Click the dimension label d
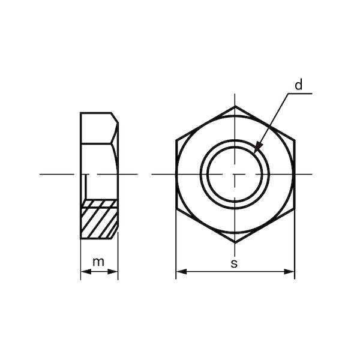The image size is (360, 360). tap(298, 85)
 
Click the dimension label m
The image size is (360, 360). tap(98, 262)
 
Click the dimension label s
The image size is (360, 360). tap(234, 263)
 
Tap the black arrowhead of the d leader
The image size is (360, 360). tap(258, 147)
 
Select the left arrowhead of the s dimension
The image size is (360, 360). tap(181, 272)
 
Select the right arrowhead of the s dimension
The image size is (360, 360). tap(289, 272)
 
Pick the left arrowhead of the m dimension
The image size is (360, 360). tap(86, 272)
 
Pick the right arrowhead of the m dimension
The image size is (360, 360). tap(113, 272)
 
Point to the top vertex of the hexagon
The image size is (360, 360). tap(235, 106)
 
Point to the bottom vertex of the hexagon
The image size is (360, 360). tap(235, 242)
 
